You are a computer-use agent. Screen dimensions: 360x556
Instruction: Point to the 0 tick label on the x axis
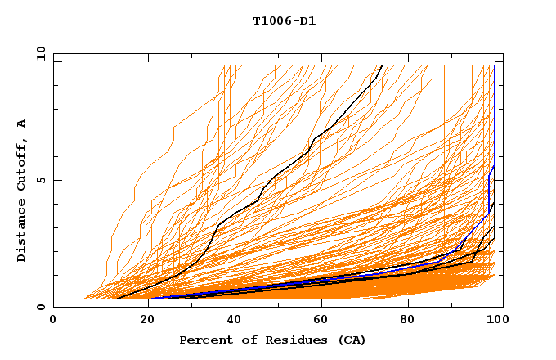click(53, 320)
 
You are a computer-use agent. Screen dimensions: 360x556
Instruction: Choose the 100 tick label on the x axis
click(494, 320)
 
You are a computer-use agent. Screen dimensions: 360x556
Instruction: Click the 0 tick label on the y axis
click(40, 307)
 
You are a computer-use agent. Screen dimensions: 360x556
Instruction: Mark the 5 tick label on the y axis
click(40, 180)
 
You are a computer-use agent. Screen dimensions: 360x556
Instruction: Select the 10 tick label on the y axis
click(38, 53)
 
